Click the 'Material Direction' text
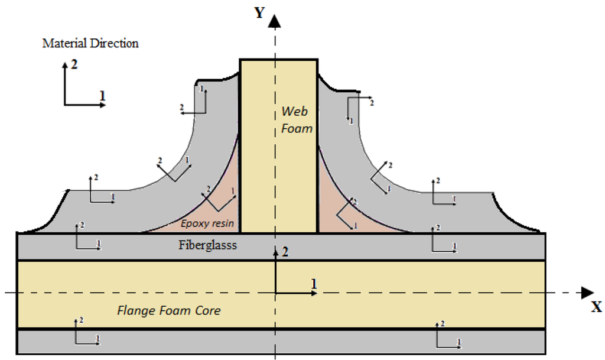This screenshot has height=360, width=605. (x=90, y=44)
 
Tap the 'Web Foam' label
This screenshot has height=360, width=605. (x=295, y=119)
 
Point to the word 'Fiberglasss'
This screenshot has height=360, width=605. (x=207, y=245)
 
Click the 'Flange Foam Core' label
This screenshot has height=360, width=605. (x=169, y=310)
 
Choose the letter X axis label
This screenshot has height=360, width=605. (x=596, y=307)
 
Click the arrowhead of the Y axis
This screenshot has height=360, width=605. (x=275, y=22)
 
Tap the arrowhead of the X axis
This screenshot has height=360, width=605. (x=587, y=292)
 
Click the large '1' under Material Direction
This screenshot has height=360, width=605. (x=102, y=95)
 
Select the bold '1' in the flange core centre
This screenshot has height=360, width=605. (x=314, y=283)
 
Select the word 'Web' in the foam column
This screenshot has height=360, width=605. (x=294, y=111)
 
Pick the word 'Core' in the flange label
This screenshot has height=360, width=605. (x=207, y=310)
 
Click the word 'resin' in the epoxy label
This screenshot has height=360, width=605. (x=223, y=223)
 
